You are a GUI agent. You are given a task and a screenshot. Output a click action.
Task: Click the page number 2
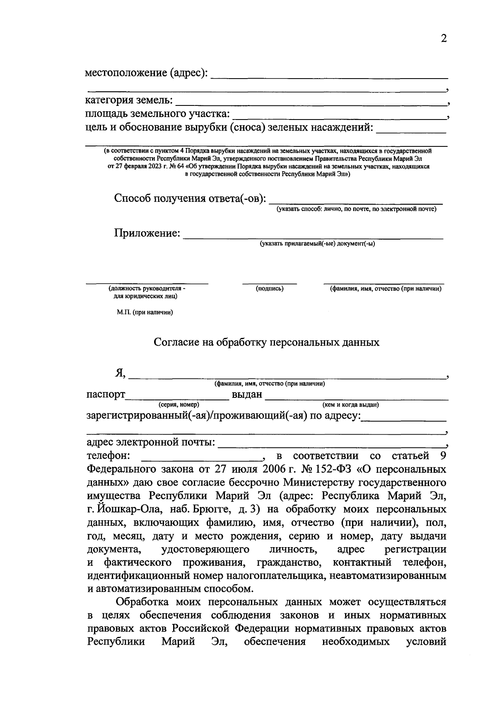click(444, 39)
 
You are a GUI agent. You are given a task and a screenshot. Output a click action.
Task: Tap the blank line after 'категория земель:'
click(311, 102)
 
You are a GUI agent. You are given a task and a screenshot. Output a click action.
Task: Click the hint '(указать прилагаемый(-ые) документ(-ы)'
click(317, 244)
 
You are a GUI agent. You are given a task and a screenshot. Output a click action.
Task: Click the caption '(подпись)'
click(270, 289)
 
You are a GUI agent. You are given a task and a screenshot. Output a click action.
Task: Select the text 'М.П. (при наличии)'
click(145, 312)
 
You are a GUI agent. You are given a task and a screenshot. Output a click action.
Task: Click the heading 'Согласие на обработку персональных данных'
click(266, 342)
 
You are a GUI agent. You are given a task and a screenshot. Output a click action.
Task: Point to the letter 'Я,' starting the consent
click(120, 373)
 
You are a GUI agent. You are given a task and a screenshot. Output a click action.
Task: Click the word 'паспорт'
click(106, 395)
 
